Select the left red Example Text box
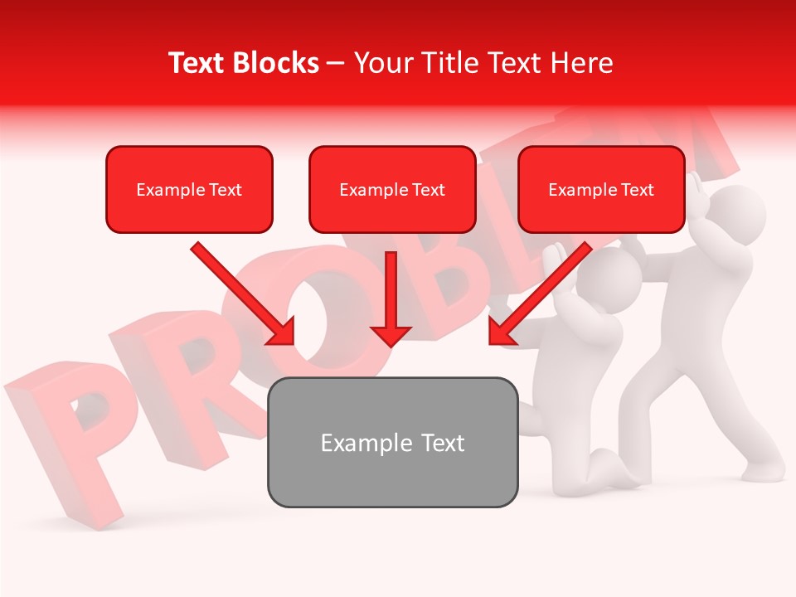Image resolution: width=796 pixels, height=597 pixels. tap(189, 189)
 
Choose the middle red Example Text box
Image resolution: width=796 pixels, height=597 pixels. tap(392, 189)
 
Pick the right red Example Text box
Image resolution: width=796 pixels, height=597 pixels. tap(601, 189)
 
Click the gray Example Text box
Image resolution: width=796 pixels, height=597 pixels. tap(392, 442)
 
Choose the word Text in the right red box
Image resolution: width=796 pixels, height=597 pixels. tap(637, 189)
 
